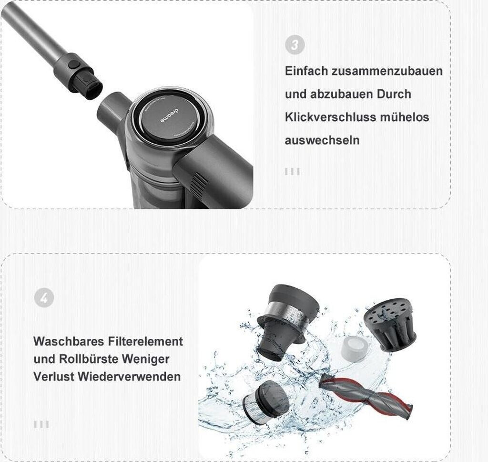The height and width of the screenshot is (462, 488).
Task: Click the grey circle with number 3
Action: [295, 44]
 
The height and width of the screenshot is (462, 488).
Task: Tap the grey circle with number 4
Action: [44, 298]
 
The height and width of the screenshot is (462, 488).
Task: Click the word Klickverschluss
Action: [331, 117]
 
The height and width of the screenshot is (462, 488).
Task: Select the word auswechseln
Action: [322, 140]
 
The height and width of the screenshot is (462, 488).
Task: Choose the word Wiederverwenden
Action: [129, 377]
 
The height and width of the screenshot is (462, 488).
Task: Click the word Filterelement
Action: [146, 341]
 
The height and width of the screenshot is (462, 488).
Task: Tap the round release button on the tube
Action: [74, 64]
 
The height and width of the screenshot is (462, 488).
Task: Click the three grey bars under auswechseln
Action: [293, 171]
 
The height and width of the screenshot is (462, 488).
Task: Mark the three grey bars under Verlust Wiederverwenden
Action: [41, 424]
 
